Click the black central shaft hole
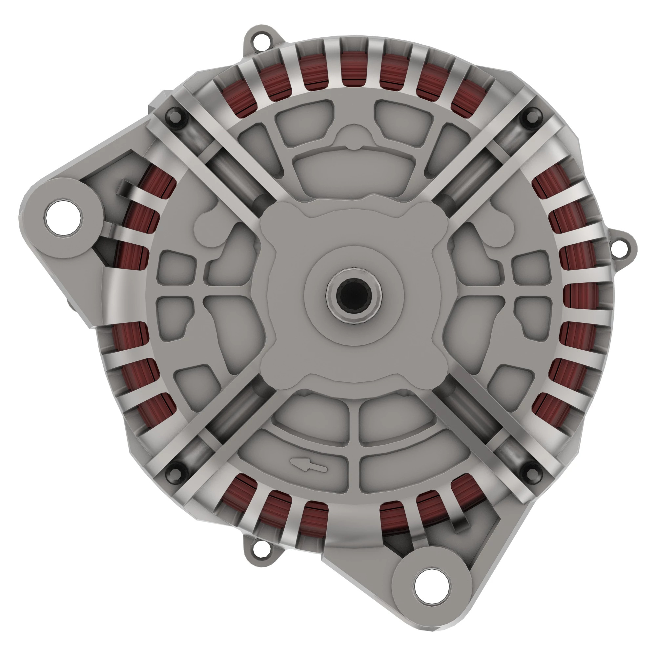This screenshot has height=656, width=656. (x=354, y=295)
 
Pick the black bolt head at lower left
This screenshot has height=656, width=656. (x=175, y=472)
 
